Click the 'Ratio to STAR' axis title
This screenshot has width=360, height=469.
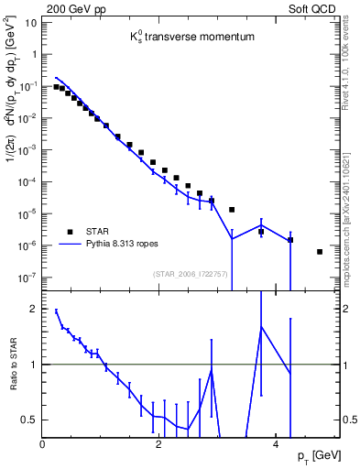pos(12,364)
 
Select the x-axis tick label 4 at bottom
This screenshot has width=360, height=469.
pos(276,443)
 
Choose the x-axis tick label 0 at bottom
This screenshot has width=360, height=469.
pos(43,443)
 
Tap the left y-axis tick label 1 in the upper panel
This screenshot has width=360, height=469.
pos(32,54)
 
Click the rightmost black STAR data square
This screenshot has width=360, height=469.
pos(320,252)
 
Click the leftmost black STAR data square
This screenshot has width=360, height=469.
pos(56,87)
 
